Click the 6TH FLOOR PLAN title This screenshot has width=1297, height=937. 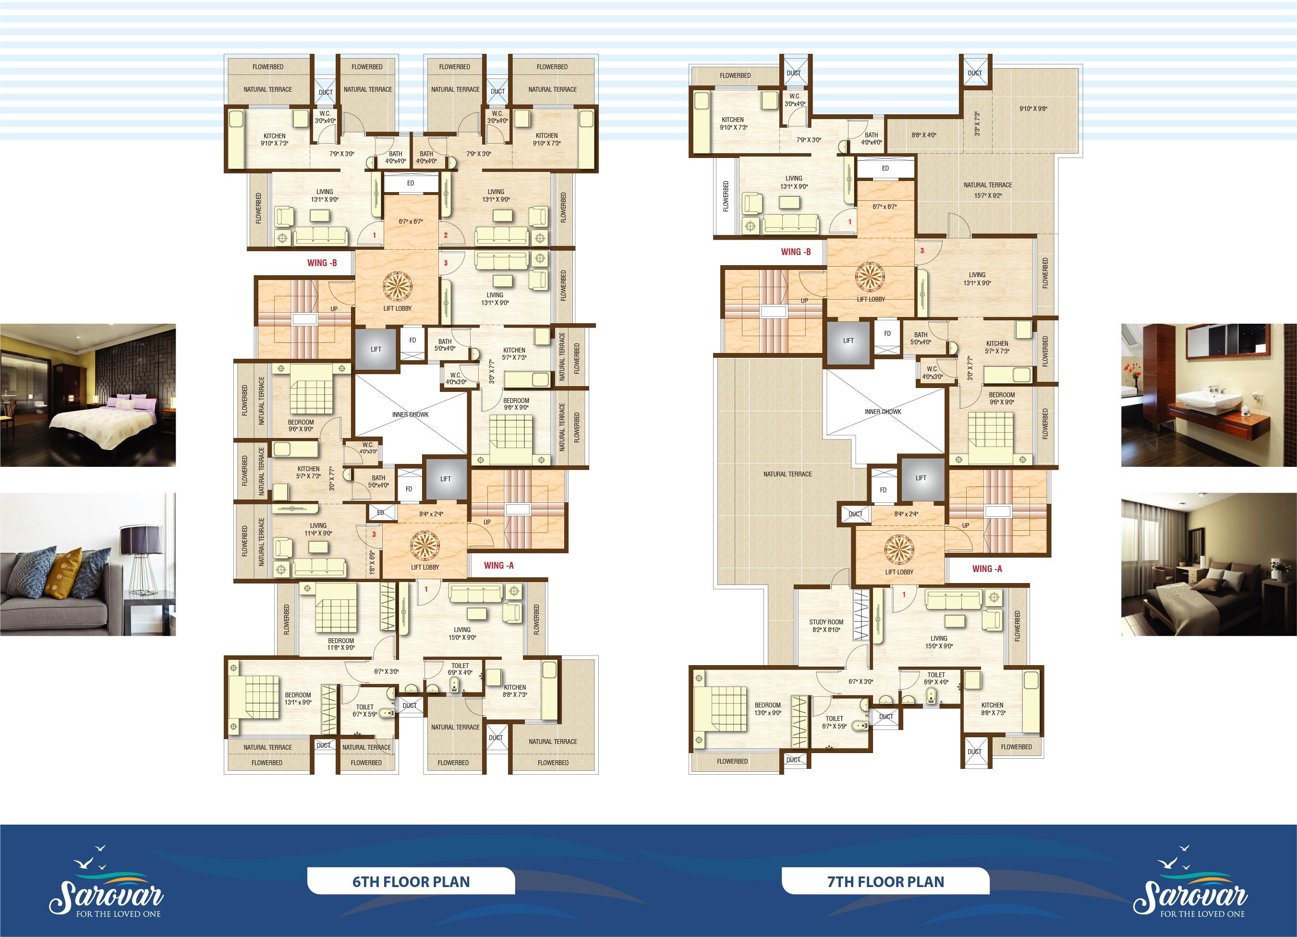411,881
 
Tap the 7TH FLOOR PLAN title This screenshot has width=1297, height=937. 885,881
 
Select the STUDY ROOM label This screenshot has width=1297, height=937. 826,622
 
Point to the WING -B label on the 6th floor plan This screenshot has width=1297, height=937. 322,263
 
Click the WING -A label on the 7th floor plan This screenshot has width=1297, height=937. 987,569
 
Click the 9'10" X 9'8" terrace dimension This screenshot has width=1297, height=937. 1033,108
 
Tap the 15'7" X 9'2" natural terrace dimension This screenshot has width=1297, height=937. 988,195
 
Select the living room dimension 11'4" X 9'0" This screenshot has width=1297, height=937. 318,533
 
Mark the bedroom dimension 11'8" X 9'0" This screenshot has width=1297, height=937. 341,647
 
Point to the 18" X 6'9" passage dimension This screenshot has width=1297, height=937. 372,562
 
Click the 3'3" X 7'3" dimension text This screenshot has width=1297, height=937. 977,123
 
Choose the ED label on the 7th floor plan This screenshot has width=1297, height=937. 885,168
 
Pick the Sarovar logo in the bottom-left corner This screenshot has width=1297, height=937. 106,885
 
